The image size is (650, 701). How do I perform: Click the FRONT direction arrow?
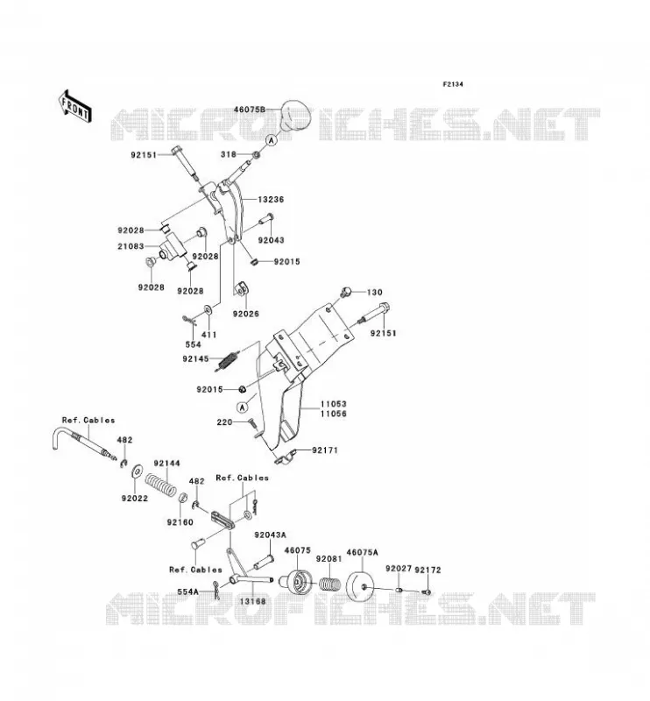[75, 106]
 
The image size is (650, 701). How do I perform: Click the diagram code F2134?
[453, 84]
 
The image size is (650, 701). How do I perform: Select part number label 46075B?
[250, 110]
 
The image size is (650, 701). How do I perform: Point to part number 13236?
[271, 200]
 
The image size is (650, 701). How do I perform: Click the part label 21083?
[131, 246]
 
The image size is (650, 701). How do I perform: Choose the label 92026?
[246, 314]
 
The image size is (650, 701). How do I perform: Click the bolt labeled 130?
[345, 292]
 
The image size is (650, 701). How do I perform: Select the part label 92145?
[196, 358]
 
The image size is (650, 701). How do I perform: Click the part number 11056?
[334, 414]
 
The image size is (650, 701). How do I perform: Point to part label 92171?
[325, 450]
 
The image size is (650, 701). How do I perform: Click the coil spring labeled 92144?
[160, 485]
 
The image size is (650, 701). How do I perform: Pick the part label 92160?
[180, 522]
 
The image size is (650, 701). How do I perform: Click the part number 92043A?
[271, 535]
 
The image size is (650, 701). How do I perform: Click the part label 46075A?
[362, 553]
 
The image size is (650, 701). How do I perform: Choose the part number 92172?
[427, 570]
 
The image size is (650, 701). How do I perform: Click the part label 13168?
[252, 601]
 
